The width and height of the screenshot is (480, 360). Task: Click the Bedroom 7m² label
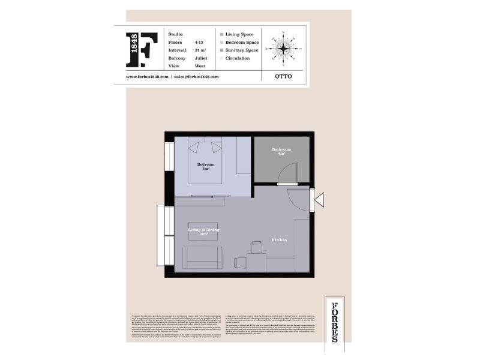point(206,166)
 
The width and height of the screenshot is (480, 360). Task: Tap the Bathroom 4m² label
point(281,151)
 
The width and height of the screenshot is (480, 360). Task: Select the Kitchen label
point(279,240)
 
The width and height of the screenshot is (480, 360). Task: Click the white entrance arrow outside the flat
point(319,199)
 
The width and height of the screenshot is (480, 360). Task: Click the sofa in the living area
point(202,257)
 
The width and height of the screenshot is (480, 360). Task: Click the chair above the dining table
point(257,247)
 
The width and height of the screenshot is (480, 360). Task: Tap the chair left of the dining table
point(240,262)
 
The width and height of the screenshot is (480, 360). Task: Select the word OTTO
point(283,77)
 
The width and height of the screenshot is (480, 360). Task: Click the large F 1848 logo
point(142,50)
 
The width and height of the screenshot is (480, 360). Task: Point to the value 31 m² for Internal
point(200,50)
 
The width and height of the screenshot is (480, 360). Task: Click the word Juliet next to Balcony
point(202,58)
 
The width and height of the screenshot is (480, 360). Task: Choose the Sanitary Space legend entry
point(241,50)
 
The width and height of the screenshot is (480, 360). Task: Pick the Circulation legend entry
point(237,58)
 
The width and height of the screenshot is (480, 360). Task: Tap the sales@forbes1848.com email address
point(196,77)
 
